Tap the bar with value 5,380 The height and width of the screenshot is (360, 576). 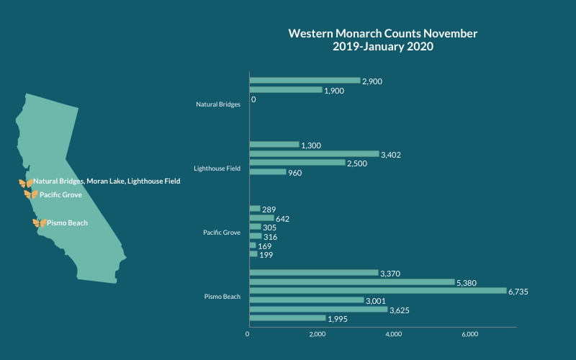(x=352, y=282)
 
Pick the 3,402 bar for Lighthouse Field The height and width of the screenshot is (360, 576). (x=314, y=153)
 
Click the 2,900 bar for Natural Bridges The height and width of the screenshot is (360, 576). (x=305, y=81)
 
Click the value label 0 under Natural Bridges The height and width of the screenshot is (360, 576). (x=254, y=99)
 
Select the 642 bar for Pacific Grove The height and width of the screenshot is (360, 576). (x=261, y=218)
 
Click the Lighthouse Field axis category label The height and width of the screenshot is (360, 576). (x=217, y=168)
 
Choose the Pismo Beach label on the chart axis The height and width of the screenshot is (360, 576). (x=222, y=296)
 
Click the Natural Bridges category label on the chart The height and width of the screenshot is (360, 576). (x=218, y=104)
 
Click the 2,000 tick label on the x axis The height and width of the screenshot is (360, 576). (x=318, y=334)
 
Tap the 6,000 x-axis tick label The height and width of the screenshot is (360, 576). (x=470, y=334)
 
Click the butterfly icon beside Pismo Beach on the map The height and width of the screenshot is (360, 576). (x=39, y=223)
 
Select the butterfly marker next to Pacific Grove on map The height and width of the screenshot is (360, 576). (x=30, y=194)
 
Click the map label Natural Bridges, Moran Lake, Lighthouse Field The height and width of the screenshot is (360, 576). (x=107, y=181)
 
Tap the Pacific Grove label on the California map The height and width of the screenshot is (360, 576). (x=61, y=194)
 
